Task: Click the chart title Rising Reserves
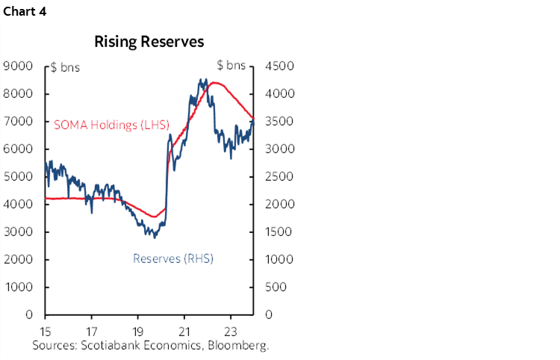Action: (149, 42)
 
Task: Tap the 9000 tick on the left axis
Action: (18, 66)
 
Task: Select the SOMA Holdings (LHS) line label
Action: (112, 125)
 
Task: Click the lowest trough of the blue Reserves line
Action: (155, 238)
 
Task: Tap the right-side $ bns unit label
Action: (231, 66)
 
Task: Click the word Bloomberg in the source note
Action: (240, 346)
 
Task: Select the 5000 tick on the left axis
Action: (18, 177)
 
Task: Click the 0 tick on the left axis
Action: (29, 315)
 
